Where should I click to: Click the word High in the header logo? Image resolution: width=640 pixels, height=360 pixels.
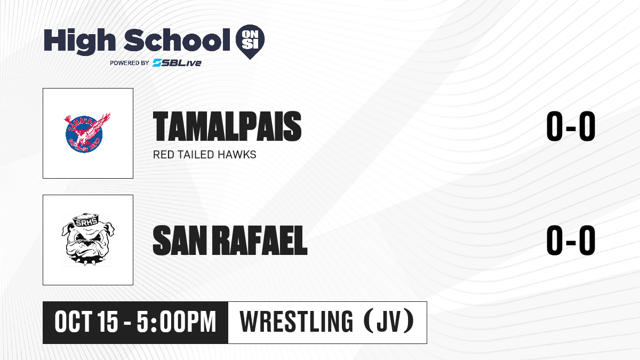tap(79, 41)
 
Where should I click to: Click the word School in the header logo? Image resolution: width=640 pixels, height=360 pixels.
tap(177, 40)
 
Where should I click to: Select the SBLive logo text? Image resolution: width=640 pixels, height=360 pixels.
tap(177, 62)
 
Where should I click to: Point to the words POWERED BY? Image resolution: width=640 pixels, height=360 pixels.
tap(130, 63)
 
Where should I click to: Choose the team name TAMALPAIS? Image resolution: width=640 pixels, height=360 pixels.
tap(227, 126)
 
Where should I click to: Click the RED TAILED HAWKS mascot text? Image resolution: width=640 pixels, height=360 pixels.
tap(205, 155)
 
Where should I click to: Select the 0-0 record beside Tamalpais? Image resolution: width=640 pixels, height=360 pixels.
tap(571, 126)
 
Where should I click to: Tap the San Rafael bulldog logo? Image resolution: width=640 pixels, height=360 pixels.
tap(87, 239)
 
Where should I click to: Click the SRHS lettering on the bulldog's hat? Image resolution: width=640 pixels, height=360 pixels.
tap(86, 222)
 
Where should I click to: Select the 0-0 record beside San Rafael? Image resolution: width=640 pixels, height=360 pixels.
tap(571, 241)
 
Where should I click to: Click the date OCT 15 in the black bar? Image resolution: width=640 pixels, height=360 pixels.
tap(86, 322)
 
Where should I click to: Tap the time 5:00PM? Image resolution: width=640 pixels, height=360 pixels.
tap(177, 322)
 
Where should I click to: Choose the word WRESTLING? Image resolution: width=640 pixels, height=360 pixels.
tap(297, 322)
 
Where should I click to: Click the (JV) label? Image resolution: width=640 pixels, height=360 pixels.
tap(389, 322)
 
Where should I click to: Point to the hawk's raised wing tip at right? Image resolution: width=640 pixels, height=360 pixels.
tap(109, 114)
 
